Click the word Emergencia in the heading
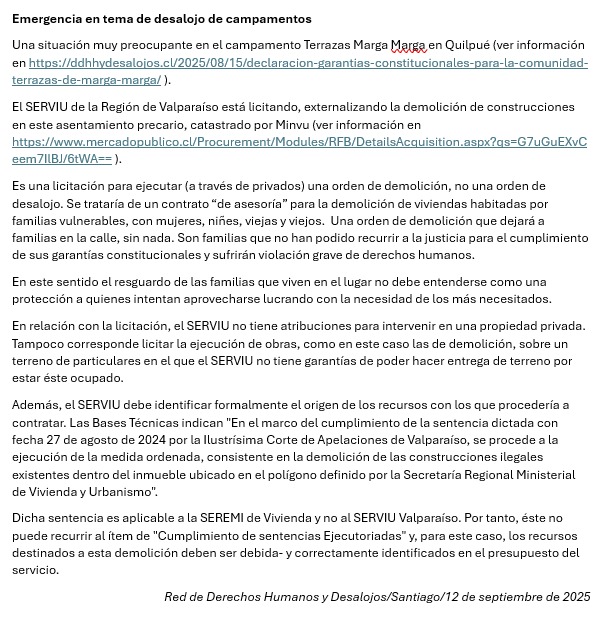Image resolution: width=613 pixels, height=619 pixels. pos(49,19)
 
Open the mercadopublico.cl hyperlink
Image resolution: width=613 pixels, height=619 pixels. pos(299,141)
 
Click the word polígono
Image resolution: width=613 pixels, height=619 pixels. pos(326,475)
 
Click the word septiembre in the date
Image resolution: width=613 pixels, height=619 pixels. pos(520,597)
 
